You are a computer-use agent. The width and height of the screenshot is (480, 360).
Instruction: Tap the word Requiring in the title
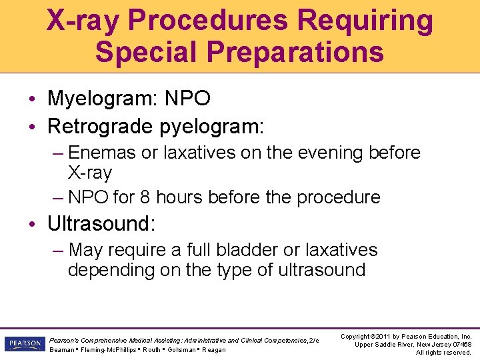point(365,20)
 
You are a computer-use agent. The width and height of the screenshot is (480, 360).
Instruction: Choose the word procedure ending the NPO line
point(338,197)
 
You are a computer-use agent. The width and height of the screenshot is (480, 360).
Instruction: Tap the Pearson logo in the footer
point(24,344)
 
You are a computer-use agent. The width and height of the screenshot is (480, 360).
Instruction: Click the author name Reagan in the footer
point(213,350)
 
